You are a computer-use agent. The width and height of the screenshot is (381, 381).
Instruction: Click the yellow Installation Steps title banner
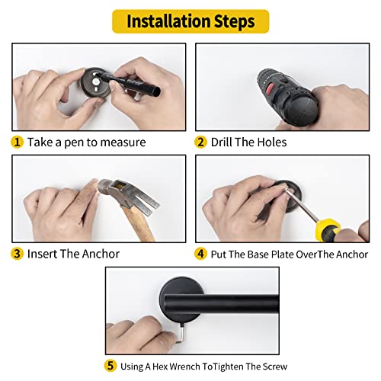coord(190,21)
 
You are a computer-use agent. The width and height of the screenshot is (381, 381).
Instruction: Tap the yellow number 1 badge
coord(17,142)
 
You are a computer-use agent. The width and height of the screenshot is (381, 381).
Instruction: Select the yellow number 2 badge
coord(200,142)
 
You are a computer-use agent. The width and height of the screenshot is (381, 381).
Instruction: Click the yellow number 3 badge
coord(17,254)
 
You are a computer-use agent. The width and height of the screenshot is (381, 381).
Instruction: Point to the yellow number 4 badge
coord(200,254)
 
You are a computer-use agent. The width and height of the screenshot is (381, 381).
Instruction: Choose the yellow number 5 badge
coord(110,366)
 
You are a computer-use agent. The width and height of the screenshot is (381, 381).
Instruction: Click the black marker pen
coord(127,82)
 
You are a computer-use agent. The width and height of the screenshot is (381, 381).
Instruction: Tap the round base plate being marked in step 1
coord(96,82)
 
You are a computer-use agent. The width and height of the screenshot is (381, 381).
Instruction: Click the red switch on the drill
coord(271,88)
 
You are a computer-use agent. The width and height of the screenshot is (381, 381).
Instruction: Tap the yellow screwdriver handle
coord(328,230)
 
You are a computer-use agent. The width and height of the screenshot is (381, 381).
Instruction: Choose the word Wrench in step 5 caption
coord(184,367)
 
